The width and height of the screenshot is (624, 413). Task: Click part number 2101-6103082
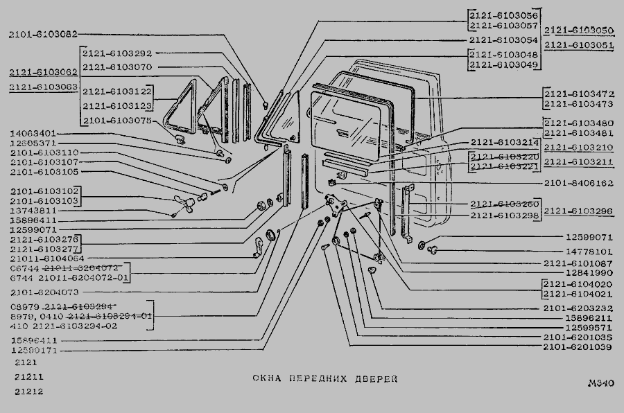point(43,33)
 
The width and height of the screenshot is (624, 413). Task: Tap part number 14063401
point(33,133)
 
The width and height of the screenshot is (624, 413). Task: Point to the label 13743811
point(33,210)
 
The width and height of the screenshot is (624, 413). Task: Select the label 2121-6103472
point(579,93)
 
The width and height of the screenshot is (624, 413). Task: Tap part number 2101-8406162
point(579,184)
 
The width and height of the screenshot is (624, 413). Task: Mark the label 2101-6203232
point(579,308)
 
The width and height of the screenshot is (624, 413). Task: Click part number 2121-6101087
point(579,263)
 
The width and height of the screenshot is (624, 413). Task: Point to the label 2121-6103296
point(579,211)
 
